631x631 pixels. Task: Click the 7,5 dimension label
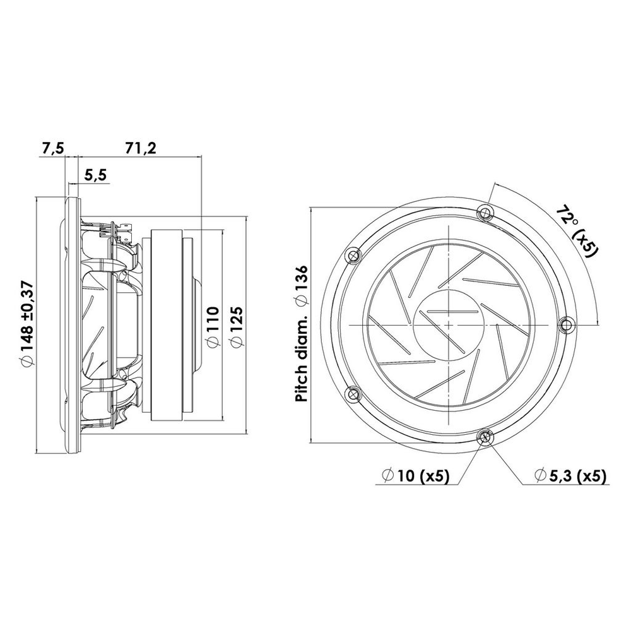pyautogui.click(x=53, y=148)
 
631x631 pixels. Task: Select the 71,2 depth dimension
pyautogui.click(x=141, y=148)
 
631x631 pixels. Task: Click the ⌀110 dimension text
pyautogui.click(x=212, y=326)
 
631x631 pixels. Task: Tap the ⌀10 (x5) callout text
pyautogui.click(x=416, y=476)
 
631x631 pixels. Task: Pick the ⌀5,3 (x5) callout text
pyautogui.click(x=570, y=476)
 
